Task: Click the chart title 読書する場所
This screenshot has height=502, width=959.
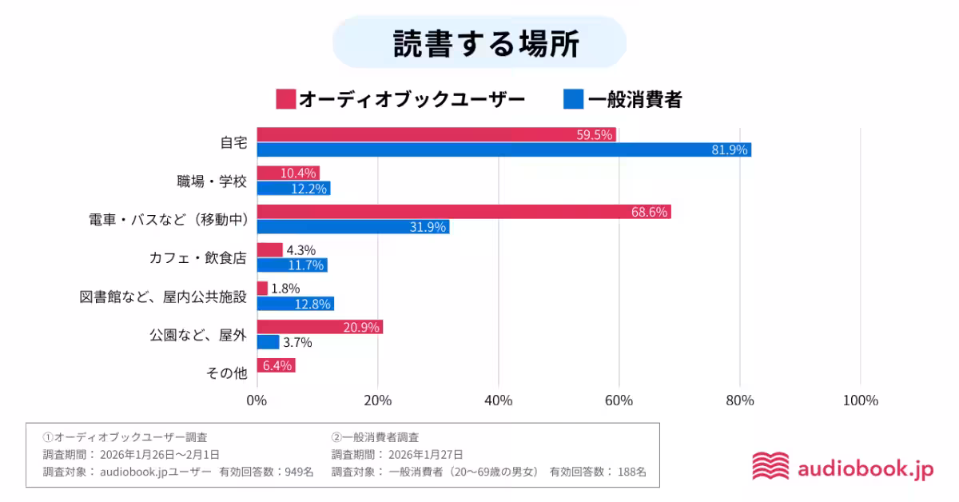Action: click(479, 43)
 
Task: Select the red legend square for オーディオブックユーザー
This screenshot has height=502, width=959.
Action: click(285, 99)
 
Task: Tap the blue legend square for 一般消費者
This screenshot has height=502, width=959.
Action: click(573, 99)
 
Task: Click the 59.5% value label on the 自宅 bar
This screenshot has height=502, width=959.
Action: click(594, 134)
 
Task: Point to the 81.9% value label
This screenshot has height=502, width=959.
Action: click(729, 149)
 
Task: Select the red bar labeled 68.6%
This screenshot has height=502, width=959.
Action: click(464, 212)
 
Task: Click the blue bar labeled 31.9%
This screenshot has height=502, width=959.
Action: click(352, 227)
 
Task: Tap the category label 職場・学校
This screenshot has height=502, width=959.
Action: click(212, 181)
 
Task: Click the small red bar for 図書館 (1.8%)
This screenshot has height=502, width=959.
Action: click(262, 289)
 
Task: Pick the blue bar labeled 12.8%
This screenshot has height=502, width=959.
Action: click(295, 304)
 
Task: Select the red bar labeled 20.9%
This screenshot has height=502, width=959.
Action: click(320, 327)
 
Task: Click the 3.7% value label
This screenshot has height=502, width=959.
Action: click(297, 342)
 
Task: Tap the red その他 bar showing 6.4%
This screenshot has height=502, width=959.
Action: click(276, 365)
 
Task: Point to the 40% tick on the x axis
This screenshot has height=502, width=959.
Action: click(498, 400)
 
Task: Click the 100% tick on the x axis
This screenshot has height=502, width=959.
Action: click(860, 400)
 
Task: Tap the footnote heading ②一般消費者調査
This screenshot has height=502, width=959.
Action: click(375, 437)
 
